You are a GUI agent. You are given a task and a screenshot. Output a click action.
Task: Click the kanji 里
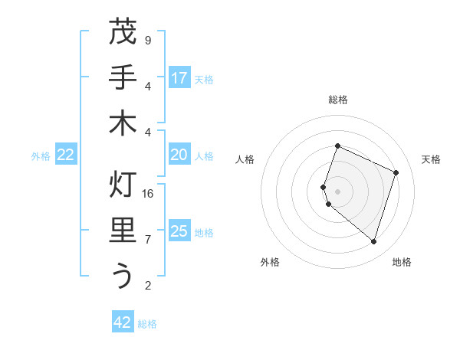[x=123, y=231]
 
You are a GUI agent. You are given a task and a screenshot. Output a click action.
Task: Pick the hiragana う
[x=123, y=276]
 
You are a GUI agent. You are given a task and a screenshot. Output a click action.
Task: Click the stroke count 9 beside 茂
[x=148, y=40]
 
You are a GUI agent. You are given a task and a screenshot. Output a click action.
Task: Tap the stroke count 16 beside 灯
[x=148, y=194]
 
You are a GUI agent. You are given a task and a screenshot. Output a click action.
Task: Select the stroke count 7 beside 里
[x=148, y=240]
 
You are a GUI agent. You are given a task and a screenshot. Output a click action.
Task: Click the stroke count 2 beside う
[x=148, y=286]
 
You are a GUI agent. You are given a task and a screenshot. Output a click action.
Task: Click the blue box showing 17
[x=179, y=78]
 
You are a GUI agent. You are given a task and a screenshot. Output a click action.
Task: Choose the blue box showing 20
[x=179, y=155]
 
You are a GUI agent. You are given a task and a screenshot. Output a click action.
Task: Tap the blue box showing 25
[x=179, y=231]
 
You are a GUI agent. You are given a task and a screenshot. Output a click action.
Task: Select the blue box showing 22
[x=65, y=155]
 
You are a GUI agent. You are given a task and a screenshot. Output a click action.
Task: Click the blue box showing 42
[x=123, y=322]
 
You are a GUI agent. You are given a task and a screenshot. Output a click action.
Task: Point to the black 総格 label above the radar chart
[x=338, y=100]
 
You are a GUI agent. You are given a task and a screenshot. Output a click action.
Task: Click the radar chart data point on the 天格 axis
[x=396, y=172]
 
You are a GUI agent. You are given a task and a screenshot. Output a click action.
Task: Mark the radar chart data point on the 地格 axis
[x=373, y=242]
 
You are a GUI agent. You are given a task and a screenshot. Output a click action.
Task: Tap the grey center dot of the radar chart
[x=338, y=191]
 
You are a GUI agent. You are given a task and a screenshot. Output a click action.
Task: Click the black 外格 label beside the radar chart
[x=270, y=262]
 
